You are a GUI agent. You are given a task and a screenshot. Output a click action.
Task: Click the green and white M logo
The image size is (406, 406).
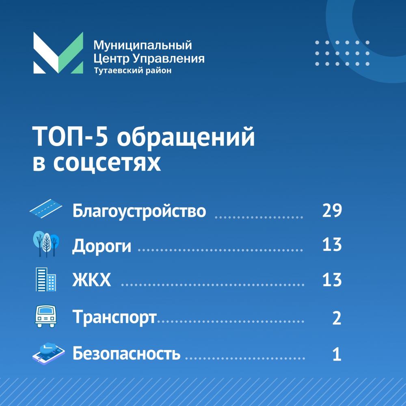pyautogui.click(x=58, y=53)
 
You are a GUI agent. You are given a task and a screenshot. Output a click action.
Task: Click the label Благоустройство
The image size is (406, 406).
pyautogui.click(x=139, y=211)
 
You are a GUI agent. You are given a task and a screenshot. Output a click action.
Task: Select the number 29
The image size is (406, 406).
pyautogui.click(x=332, y=211)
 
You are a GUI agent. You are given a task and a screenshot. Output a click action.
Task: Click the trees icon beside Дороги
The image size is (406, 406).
pyautogui.click(x=45, y=244)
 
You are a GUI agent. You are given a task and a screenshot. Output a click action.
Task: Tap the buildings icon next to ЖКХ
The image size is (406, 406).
pyautogui.click(x=45, y=279)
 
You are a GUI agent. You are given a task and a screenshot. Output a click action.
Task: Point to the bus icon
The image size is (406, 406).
pyautogui.click(x=45, y=315)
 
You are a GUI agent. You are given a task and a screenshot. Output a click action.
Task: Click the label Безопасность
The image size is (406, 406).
pyautogui.click(x=126, y=354)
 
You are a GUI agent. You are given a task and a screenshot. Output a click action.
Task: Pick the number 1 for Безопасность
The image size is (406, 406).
pyautogui.click(x=337, y=354)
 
